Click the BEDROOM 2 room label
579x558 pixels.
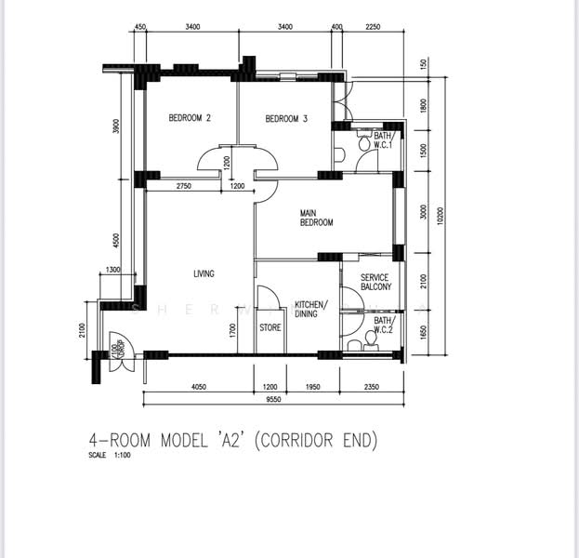190,118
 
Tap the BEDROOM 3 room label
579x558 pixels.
286,118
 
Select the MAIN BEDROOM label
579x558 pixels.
316,218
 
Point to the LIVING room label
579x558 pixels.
204,273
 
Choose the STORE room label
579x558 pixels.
270,327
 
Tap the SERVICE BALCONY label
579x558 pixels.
375,283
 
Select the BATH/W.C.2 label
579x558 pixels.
383,325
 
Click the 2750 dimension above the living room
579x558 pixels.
182,186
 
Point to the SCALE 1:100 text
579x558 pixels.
111,457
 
